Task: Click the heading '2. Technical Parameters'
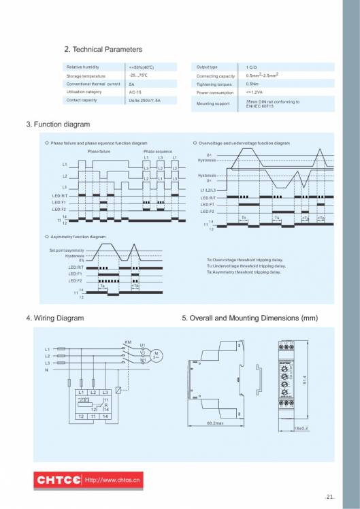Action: coord(103,50)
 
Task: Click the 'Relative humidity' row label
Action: coord(82,67)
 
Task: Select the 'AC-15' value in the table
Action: coord(135,92)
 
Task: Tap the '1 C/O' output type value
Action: coord(251,67)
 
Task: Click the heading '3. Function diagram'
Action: coord(58,125)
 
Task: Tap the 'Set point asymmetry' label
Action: coord(67,250)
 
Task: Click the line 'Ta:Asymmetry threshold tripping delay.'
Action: coord(244,272)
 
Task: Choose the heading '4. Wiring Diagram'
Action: coord(55,318)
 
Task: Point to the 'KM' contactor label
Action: coord(127,342)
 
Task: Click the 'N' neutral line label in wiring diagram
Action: coord(46,370)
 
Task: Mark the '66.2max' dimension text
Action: coord(215,423)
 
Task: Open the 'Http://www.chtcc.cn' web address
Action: coord(112,481)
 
